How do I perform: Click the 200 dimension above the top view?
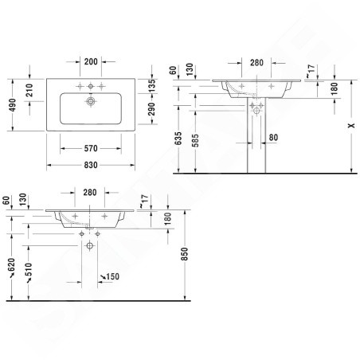click(91, 61)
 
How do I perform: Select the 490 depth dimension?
click(13, 104)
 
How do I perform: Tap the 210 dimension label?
click(29, 90)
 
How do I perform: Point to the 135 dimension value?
click(151, 85)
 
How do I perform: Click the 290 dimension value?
click(151, 109)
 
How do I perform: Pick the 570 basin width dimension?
click(91, 148)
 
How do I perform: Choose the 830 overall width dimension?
click(91, 165)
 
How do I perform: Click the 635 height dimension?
click(178, 138)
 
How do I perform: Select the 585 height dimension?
click(195, 140)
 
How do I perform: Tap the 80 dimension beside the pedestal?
click(273, 138)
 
